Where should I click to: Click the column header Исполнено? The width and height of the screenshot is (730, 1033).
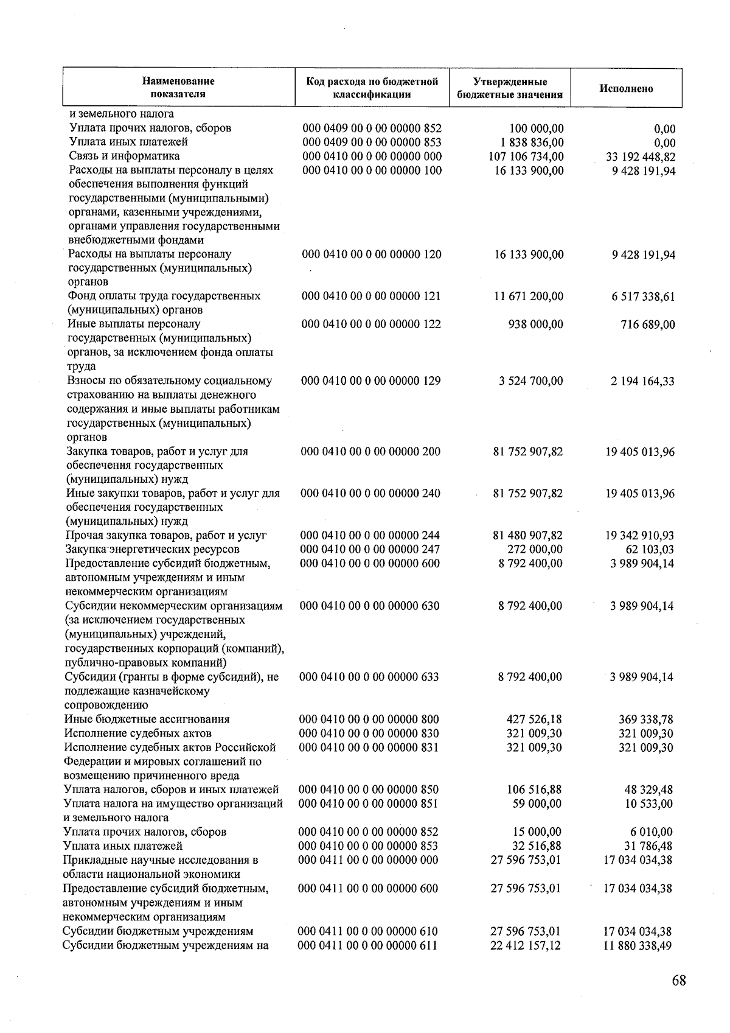point(626,89)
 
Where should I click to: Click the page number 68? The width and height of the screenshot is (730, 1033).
point(679,981)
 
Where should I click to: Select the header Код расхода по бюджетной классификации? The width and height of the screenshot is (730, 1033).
point(372,88)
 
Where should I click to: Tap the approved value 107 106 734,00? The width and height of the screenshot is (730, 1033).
point(527,156)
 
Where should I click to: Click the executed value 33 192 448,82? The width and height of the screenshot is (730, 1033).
point(637,157)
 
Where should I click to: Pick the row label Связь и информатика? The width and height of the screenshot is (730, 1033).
point(124,156)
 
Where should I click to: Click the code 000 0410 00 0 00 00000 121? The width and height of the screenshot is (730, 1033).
point(372,296)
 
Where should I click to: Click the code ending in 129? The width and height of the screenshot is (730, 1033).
point(372,381)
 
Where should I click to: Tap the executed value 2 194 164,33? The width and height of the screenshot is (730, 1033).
point(642,382)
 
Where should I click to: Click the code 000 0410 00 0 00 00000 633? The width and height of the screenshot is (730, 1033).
point(370,677)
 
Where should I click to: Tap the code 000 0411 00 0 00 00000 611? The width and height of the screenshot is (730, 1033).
point(367,946)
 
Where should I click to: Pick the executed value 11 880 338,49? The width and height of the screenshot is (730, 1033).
point(638,947)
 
